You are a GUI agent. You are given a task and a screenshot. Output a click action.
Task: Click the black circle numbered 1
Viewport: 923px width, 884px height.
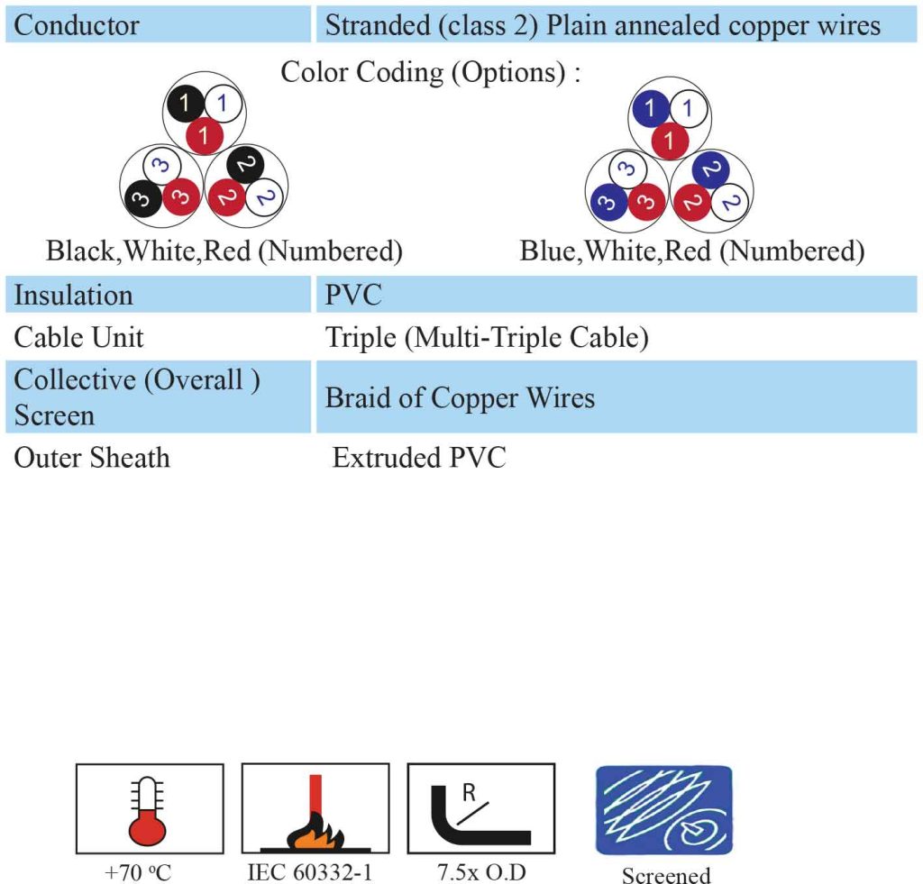(x=184, y=104)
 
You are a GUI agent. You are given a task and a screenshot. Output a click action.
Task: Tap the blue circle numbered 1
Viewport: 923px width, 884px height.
(x=650, y=109)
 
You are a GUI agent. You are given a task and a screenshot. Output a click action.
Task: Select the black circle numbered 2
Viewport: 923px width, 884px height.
(x=245, y=166)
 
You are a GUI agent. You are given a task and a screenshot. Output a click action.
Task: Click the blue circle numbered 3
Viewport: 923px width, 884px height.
(x=608, y=203)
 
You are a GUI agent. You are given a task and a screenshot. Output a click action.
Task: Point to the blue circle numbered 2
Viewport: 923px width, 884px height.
(x=710, y=170)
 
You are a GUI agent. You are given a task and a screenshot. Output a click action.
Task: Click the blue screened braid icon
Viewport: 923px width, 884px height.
(x=664, y=810)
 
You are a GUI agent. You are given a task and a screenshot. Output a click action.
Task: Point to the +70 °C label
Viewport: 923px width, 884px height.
(x=138, y=872)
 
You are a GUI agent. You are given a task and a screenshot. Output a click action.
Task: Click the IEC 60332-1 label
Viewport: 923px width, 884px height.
(x=310, y=872)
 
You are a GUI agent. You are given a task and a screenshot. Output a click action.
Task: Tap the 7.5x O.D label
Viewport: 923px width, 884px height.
(x=481, y=872)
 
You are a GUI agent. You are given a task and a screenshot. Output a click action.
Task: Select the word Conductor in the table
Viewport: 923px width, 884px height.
(x=77, y=25)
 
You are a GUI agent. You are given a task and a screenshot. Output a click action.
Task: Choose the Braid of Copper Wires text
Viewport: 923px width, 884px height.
(x=460, y=398)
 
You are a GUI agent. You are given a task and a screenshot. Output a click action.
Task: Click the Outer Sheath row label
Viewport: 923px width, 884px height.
(x=92, y=458)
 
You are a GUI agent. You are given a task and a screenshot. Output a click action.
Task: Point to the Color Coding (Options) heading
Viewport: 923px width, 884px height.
(x=431, y=72)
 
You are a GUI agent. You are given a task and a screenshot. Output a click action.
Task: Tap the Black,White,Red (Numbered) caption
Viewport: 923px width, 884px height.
(x=224, y=251)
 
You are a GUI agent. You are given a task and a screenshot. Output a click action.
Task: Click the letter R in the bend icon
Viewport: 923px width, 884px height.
(x=469, y=793)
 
